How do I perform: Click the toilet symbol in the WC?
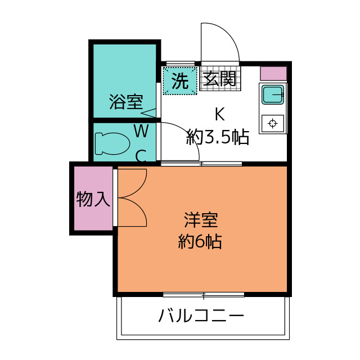[x=112, y=143]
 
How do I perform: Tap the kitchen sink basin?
[x=273, y=94]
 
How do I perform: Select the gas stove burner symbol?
[x=272, y=123]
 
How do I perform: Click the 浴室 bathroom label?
[x=126, y=102]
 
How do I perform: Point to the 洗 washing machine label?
[x=180, y=81]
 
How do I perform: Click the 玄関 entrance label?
[x=220, y=79]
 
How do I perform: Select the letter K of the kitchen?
[x=219, y=114]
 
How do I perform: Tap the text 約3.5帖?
[x=218, y=137]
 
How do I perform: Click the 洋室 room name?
[x=201, y=220]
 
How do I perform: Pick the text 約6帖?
[x=200, y=241]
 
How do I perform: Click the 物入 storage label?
[x=93, y=199]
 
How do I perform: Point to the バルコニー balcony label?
[x=201, y=315]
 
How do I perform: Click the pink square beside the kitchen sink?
[x=273, y=74]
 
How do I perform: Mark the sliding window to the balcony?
[x=204, y=295]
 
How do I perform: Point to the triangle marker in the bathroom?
[x=148, y=113]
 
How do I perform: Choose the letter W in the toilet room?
[x=141, y=131]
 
